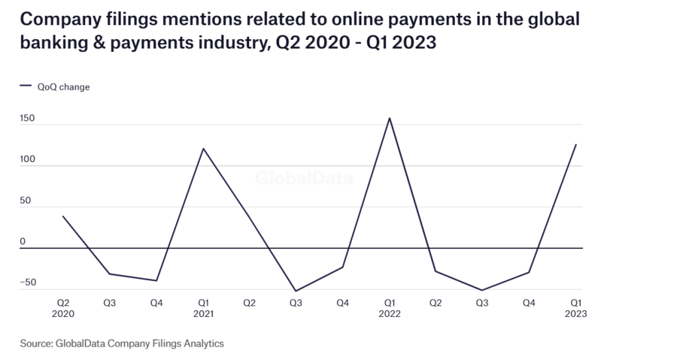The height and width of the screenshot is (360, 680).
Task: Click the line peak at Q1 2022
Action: [x=389, y=118]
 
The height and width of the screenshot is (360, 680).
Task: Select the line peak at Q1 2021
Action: [x=203, y=148]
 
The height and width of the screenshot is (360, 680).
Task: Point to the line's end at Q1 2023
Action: [x=576, y=144]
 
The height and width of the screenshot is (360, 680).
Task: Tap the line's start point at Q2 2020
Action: [x=62, y=217]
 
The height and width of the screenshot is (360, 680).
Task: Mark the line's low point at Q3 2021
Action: [x=296, y=291]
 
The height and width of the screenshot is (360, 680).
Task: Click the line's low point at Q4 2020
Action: [x=156, y=280]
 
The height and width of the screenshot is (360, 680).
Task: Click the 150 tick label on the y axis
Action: [x=28, y=118]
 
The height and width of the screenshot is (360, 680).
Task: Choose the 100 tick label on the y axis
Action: [x=28, y=159]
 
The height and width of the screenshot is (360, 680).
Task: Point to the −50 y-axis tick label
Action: [x=27, y=283]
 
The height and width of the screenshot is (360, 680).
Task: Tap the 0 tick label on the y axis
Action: [x=22, y=242]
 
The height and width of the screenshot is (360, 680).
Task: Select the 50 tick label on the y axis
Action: [x=25, y=201]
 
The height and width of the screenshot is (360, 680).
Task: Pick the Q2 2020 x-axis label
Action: [x=63, y=308]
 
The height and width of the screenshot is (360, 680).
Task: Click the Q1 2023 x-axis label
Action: [x=576, y=308]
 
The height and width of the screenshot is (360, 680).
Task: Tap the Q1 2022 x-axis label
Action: [x=389, y=308]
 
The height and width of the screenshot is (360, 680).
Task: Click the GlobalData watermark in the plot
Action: [x=305, y=178]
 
